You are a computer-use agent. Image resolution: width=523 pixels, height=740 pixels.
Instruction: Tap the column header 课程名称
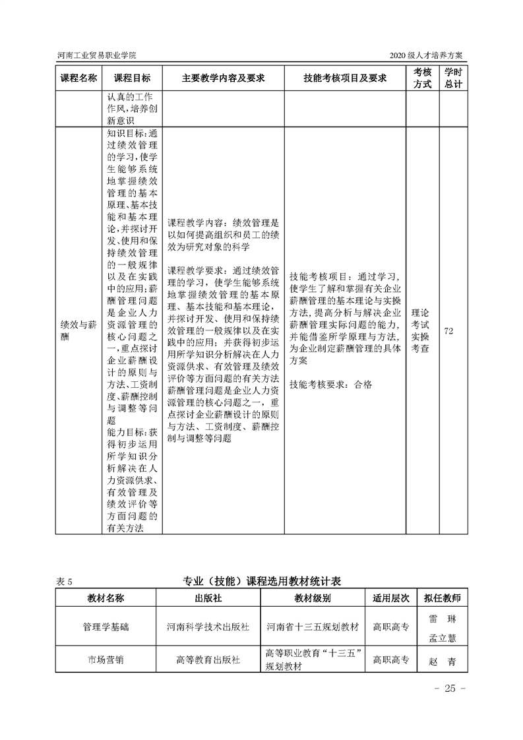pos(78,78)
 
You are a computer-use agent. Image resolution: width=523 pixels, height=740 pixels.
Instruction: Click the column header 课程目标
pos(132,78)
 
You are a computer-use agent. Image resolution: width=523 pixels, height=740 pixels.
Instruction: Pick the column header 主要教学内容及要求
pos(223,78)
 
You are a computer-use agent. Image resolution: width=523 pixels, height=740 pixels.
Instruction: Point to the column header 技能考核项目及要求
pos(344,78)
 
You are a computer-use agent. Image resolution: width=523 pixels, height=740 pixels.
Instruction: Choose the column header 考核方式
pos(422,78)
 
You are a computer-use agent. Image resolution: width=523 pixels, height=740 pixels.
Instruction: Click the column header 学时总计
pos(452,78)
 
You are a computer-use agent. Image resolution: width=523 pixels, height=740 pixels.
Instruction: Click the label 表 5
pos(68,582)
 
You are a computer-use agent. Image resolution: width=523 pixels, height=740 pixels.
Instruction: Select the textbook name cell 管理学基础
pos(106,627)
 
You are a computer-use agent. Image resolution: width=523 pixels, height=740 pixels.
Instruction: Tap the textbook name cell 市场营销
pos(106,660)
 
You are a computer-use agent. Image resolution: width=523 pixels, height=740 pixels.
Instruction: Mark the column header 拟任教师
pos(443,598)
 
